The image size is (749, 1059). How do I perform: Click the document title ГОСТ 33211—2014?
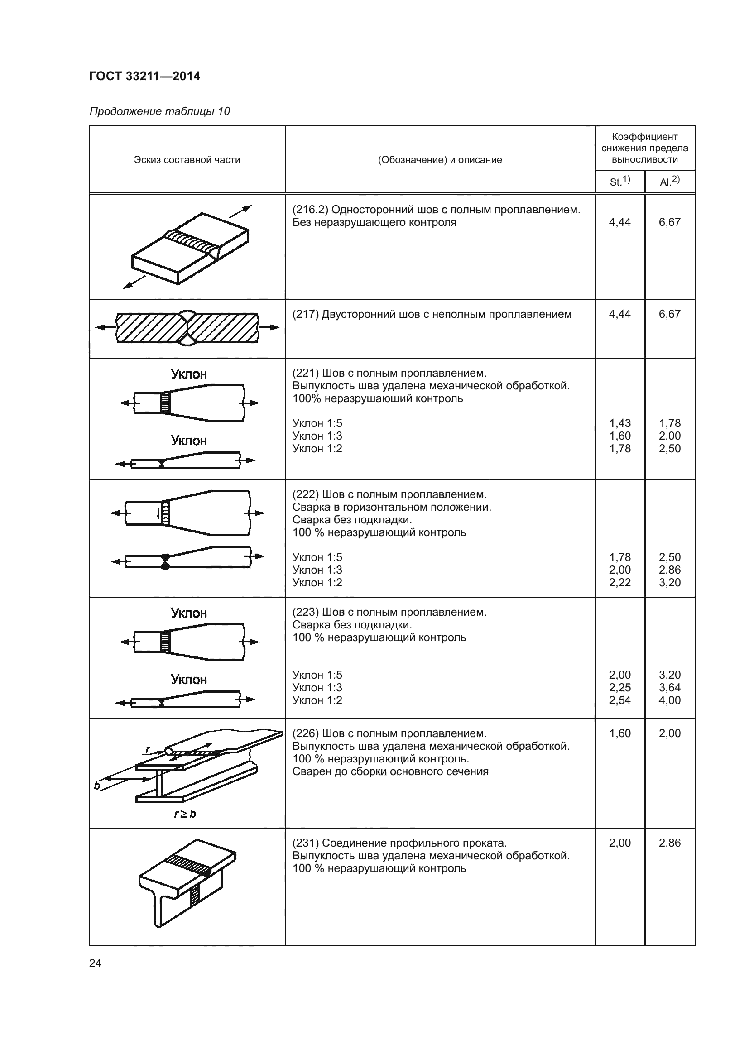click(144, 76)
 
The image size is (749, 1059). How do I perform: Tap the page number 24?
click(95, 963)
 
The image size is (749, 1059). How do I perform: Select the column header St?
click(619, 181)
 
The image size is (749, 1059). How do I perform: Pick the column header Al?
click(669, 181)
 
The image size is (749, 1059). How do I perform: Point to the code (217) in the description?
click(306, 314)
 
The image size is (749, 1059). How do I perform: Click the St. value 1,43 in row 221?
click(620, 423)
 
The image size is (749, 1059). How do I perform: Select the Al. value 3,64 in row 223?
click(670, 687)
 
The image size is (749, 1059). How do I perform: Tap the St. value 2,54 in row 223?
click(620, 700)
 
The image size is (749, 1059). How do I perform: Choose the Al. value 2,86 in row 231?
click(670, 843)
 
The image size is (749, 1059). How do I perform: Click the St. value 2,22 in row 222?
click(620, 583)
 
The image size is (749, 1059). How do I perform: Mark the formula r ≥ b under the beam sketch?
click(184, 814)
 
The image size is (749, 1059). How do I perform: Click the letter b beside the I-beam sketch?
click(97, 786)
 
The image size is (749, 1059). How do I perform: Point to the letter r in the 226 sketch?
click(148, 749)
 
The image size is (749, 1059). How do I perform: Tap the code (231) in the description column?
click(306, 843)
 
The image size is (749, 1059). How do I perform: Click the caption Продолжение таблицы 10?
click(159, 111)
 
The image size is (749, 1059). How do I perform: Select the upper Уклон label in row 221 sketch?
click(189, 374)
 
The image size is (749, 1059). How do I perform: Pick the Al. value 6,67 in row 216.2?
click(670, 222)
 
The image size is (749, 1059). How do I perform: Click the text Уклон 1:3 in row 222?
click(317, 570)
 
